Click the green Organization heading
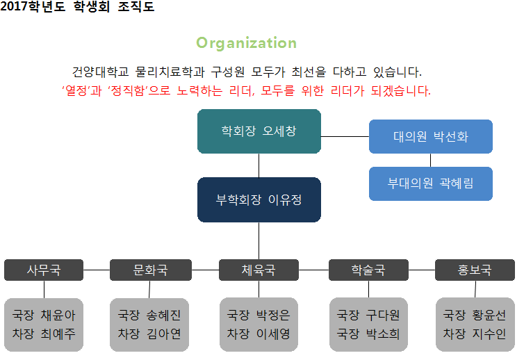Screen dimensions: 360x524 tap(246, 43)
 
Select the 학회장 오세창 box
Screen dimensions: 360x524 tap(259, 131)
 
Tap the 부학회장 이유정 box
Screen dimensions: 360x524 tap(259, 199)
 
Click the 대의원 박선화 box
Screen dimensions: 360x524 tap(430, 136)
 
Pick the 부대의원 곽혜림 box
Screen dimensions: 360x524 tap(430, 183)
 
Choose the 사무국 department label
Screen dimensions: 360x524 tap(44, 270)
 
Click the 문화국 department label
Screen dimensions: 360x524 tap(150, 270)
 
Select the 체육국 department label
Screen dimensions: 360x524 tap(259, 270)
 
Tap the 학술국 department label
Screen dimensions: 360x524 tap(368, 270)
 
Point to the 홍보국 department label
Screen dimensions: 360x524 tap(475, 270)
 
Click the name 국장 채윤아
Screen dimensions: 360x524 tap(44, 315)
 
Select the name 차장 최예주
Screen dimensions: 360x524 tap(44, 334)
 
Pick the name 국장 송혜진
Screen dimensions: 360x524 tap(150, 315)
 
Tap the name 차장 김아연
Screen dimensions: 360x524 tap(150, 334)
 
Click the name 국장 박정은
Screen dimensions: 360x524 tap(259, 315)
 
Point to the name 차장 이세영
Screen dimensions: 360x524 tap(259, 334)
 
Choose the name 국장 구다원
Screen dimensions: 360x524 tap(368, 315)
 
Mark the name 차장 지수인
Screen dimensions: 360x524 tap(475, 334)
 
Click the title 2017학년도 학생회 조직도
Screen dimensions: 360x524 tap(78, 8)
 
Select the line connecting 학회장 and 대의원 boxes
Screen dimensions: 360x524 tap(345, 137)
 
